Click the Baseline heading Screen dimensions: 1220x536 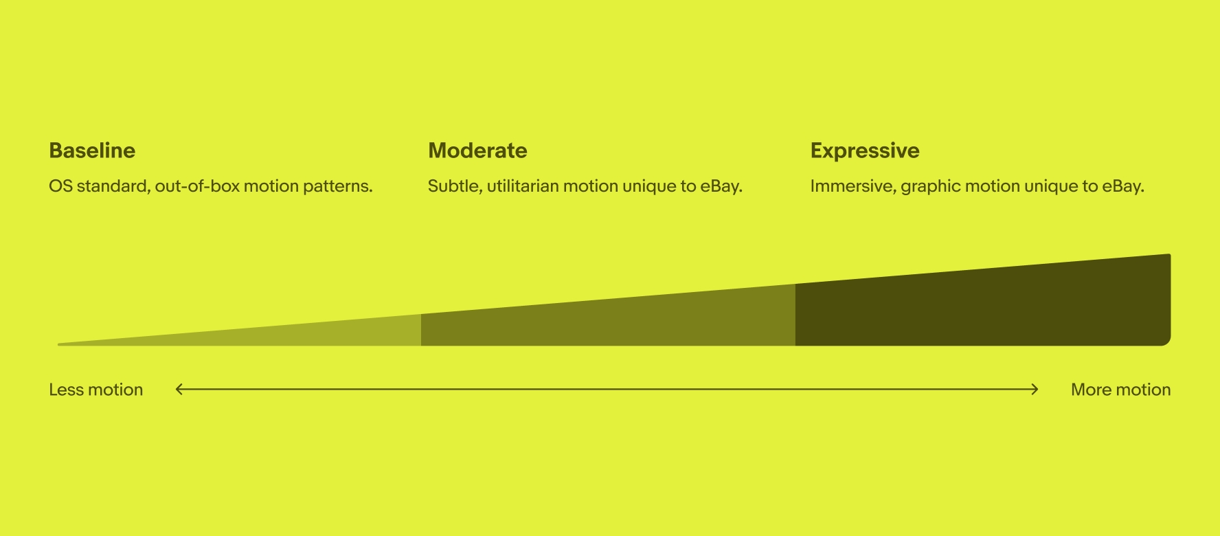pos(92,150)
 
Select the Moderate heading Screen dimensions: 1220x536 pos(477,150)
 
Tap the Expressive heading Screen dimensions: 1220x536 pos(865,151)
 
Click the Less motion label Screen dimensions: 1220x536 pos(96,390)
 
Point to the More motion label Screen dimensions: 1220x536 pos(1121,390)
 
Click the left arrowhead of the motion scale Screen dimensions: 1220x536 pos(179,390)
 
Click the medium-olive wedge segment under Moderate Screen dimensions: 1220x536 pos(608,323)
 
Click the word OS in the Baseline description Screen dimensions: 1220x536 pos(60,186)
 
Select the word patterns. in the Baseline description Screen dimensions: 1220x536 pos(339,187)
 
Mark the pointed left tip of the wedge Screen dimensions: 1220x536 pos(59,344)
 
